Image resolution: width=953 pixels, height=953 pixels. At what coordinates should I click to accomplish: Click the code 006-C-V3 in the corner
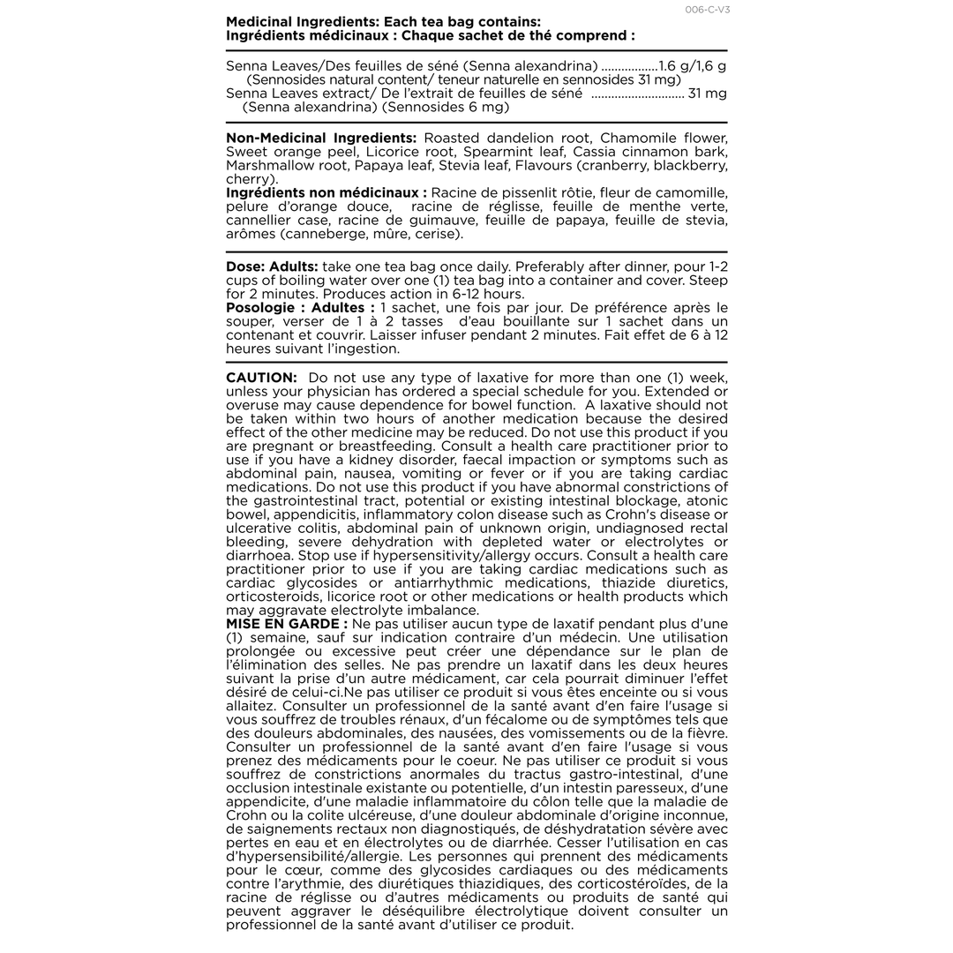click(708, 10)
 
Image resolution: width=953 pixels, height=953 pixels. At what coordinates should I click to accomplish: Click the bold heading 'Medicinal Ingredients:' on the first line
click(296, 22)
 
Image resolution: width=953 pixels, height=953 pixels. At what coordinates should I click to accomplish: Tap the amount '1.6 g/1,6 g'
click(693, 66)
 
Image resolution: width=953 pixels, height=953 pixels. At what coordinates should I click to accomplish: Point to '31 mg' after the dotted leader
click(708, 94)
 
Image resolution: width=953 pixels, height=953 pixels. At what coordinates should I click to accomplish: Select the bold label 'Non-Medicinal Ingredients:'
click(321, 139)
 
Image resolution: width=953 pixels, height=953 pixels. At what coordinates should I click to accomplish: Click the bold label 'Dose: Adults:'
click(272, 266)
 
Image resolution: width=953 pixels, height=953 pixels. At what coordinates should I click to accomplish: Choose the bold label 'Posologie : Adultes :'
click(300, 307)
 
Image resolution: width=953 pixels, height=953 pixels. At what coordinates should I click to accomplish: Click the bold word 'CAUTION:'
click(261, 378)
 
